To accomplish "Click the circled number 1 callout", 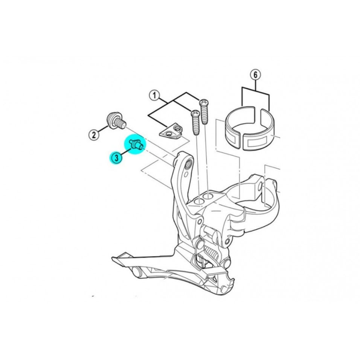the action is coord(154,96).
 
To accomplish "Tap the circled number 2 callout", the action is coord(94,134).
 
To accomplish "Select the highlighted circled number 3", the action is coord(116,158).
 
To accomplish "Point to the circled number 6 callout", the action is coord(256,75).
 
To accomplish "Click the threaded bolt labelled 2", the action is coord(116,121).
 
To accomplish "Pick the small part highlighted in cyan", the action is coord(136,144).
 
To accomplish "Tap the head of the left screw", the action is coord(195,113).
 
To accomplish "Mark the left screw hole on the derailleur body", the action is coord(198,201).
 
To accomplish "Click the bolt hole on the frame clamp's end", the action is coord(260,187).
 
